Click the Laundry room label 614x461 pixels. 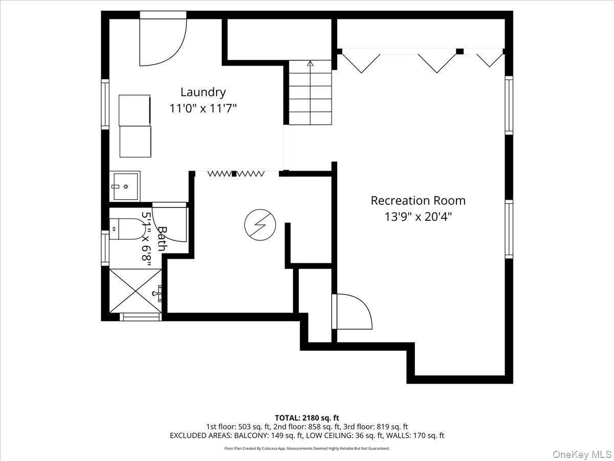203,93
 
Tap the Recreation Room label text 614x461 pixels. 418,201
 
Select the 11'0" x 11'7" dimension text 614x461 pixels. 203,108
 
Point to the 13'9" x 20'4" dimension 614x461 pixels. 418,217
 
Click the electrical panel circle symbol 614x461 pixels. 260,225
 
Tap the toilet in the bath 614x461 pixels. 128,229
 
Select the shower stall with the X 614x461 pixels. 136,291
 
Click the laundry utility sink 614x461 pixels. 125,186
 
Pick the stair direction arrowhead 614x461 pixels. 310,63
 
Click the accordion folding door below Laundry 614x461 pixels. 235,174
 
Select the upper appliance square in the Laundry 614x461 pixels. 135,110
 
